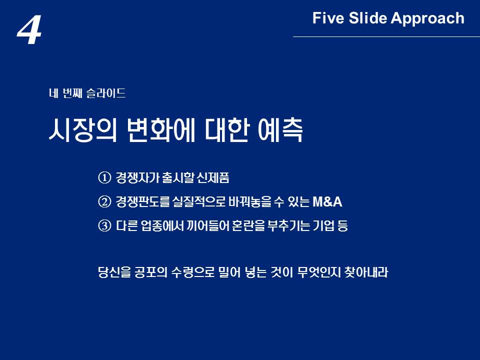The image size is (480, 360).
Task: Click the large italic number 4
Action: point(29,30)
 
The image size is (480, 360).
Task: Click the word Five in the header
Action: point(328,18)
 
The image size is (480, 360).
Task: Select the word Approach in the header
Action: point(427,19)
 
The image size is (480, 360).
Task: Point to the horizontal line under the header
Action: point(386,36)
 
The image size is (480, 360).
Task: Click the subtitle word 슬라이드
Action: point(106,93)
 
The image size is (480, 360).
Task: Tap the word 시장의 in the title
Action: point(83,130)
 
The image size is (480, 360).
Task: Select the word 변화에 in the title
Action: point(160,130)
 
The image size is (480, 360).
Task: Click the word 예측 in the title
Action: point(280,130)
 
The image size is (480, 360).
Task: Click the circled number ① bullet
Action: point(104,177)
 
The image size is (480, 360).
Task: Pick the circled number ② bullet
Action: point(104,201)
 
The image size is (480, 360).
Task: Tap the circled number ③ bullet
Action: point(104,226)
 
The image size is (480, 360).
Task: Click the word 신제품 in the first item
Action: point(213,177)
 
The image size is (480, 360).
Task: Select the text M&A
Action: point(327,202)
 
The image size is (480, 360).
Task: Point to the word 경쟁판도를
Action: point(142,201)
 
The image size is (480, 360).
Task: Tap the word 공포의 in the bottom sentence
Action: point(151,272)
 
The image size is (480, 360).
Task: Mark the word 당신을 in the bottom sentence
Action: point(114,272)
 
